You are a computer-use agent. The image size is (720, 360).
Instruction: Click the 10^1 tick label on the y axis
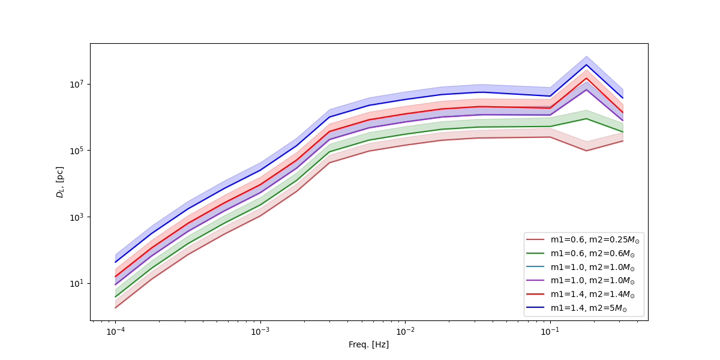pyautogui.click(x=77, y=283)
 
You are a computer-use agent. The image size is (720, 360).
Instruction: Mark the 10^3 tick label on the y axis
pyautogui.click(x=77, y=217)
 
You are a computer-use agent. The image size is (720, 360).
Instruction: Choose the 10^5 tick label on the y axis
pyautogui.click(x=77, y=151)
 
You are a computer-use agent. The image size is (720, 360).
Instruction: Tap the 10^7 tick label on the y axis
pyautogui.click(x=77, y=84)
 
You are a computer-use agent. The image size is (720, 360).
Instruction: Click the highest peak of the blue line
pyautogui.click(x=586, y=65)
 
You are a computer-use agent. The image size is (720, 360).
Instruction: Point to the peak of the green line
pyautogui.click(x=586, y=118)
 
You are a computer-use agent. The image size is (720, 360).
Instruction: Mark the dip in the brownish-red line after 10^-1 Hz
pyautogui.click(x=586, y=150)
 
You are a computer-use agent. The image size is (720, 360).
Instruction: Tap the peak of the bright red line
pyautogui.click(x=586, y=78)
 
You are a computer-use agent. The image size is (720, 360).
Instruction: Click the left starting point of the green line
pyautogui.click(x=115, y=296)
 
